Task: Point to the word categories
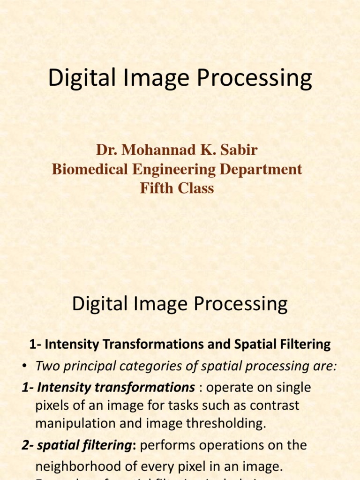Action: click(152, 366)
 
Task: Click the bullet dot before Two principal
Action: click(25, 367)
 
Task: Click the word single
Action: click(294, 388)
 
